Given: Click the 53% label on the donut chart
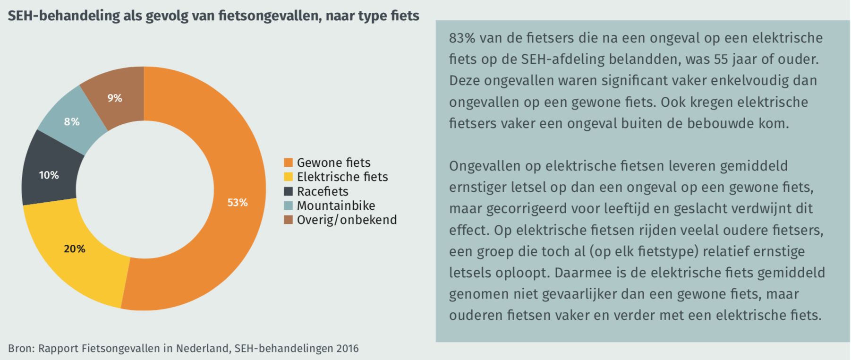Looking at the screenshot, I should [238, 203].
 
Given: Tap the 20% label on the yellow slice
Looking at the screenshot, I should [75, 249].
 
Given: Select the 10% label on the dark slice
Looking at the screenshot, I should [49, 175].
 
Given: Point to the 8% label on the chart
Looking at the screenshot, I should [72, 122].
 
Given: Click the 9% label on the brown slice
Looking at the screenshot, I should [115, 98].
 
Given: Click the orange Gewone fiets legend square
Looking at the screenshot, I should [288, 163].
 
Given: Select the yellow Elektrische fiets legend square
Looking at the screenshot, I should [288, 177].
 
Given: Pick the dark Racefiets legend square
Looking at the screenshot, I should [288, 191].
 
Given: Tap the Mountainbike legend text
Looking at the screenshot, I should [336, 206].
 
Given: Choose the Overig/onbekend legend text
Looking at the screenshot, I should [347, 220].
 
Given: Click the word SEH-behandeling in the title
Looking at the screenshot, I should [64, 16].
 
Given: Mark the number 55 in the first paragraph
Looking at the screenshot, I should [721, 60].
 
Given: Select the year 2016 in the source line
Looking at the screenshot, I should [347, 349].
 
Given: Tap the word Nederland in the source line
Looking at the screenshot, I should [203, 349].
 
